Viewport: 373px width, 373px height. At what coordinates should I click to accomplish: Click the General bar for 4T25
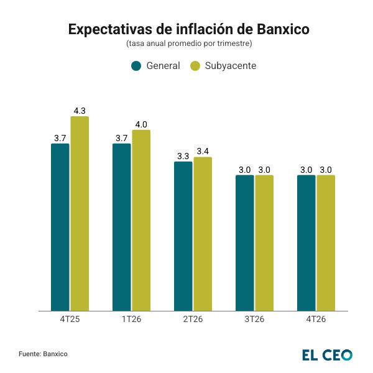[60, 227]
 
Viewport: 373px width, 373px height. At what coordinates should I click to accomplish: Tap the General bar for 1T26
[122, 227]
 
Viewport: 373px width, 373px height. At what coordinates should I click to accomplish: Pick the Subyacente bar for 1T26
[141, 220]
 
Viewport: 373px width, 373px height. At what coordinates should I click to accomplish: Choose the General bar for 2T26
[183, 236]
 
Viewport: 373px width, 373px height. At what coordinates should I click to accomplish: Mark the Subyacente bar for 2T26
[203, 234]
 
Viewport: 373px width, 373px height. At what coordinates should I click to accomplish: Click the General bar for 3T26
[245, 242]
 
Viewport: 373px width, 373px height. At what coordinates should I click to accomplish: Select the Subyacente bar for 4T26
[326, 242]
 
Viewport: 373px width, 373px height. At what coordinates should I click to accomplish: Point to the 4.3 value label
[80, 111]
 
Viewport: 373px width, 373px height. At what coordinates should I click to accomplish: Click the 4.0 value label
[141, 124]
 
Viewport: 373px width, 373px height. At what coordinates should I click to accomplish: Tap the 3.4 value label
[203, 151]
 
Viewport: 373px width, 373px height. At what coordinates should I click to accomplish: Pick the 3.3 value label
[183, 156]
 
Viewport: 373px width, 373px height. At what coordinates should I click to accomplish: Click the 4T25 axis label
[70, 320]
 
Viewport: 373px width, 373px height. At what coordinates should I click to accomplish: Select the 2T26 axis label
[193, 320]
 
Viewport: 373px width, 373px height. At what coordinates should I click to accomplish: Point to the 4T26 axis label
[316, 320]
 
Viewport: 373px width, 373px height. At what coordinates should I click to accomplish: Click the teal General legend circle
[136, 66]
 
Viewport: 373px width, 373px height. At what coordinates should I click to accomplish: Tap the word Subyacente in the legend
[230, 66]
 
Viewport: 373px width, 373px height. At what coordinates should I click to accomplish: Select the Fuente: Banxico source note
[43, 354]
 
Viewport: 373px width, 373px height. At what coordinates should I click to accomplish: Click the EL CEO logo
[327, 354]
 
